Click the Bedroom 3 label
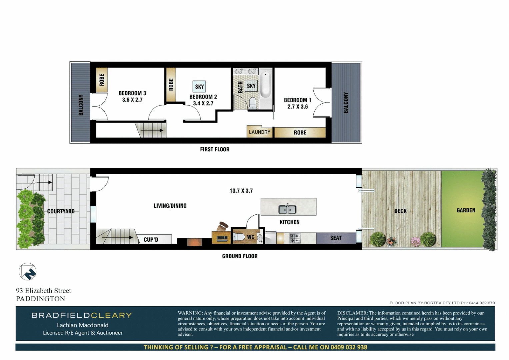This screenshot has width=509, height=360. pyautogui.click(x=132, y=93)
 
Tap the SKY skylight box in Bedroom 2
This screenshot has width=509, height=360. pyautogui.click(x=199, y=87)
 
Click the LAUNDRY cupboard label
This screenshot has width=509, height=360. pyautogui.click(x=259, y=132)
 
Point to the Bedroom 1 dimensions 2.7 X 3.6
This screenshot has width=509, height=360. pyautogui.click(x=298, y=107)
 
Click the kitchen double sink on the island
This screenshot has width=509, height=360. pyautogui.click(x=287, y=209)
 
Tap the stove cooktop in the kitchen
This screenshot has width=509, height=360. pyautogui.click(x=295, y=238)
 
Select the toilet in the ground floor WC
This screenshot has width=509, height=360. pyautogui.click(x=239, y=237)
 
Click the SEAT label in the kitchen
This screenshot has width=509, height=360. pyautogui.click(x=336, y=238)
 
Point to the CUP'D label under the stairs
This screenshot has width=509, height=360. pyautogui.click(x=151, y=239)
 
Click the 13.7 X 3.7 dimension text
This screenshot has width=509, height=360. pyautogui.click(x=241, y=191)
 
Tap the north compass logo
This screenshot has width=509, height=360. pyautogui.click(x=28, y=272)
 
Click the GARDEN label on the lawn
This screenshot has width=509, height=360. pyautogui.click(x=466, y=210)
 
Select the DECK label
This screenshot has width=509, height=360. pyautogui.click(x=400, y=211)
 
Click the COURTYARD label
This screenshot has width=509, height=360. pyautogui.click(x=61, y=211)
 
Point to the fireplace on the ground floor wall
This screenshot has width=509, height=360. pyautogui.click(x=194, y=242)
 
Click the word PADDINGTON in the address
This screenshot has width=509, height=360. pyautogui.click(x=41, y=299)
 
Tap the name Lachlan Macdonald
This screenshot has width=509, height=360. pyautogui.click(x=83, y=325)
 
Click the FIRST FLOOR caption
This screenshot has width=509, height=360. pyautogui.click(x=215, y=149)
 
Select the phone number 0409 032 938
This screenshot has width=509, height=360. pyautogui.click(x=348, y=347)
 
